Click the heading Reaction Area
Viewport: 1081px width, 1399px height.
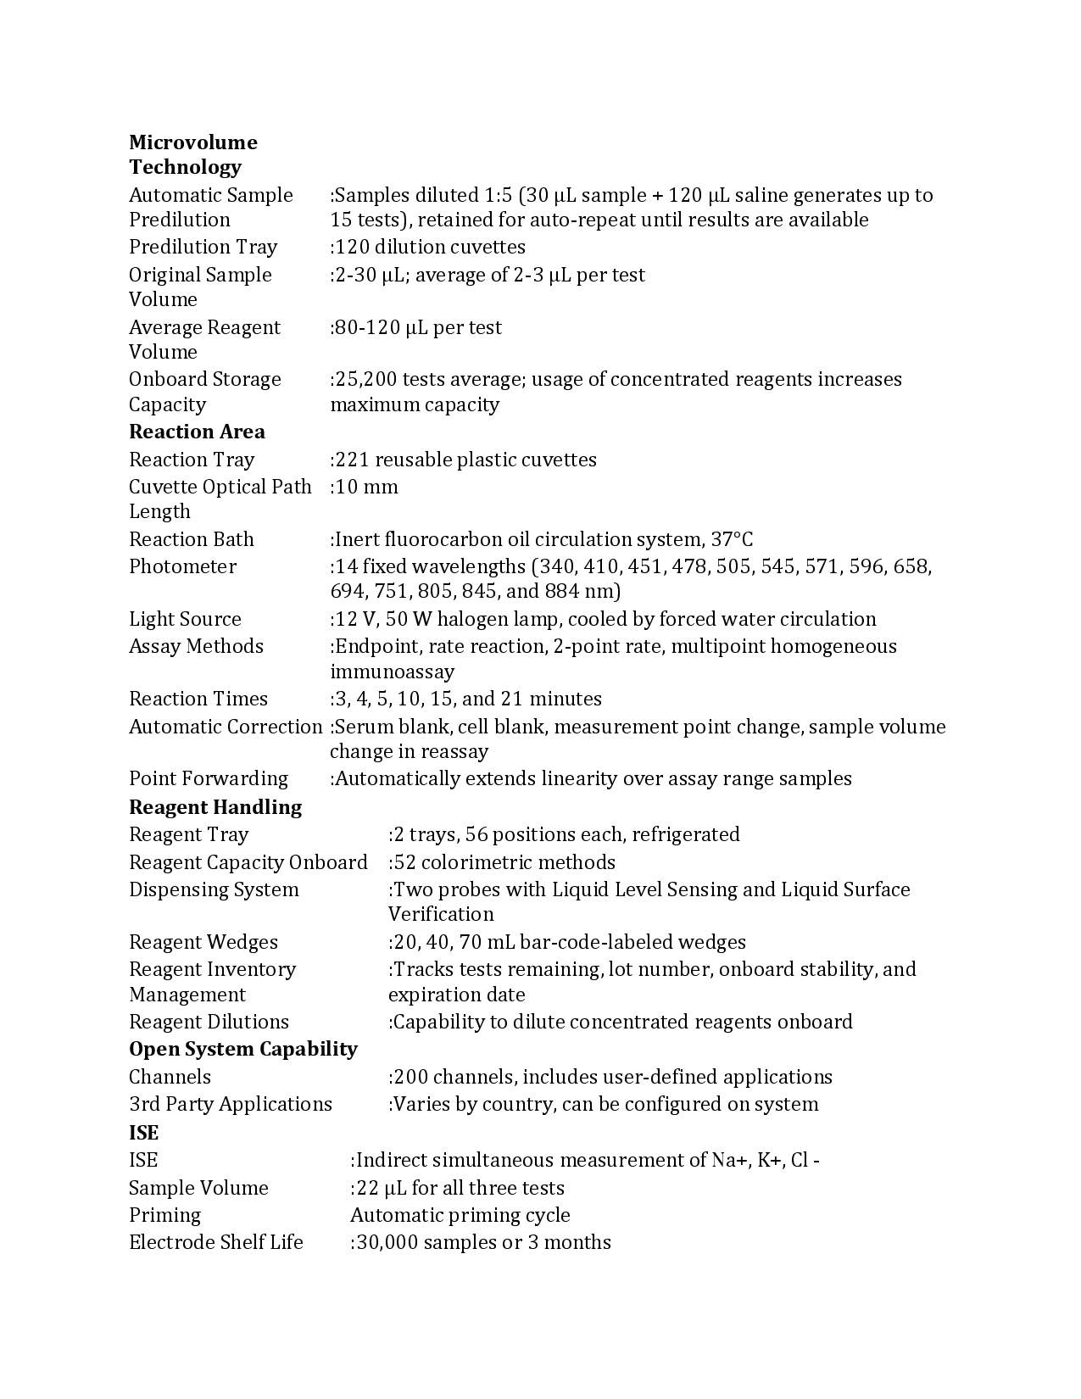coord(197,432)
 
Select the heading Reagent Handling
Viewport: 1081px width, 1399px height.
coord(215,807)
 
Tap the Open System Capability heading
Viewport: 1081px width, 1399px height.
coord(243,1049)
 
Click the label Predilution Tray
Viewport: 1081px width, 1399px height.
coord(203,247)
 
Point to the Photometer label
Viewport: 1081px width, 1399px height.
coord(182,566)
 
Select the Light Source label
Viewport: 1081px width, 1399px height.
coord(185,619)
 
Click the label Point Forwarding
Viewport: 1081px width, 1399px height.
coord(209,778)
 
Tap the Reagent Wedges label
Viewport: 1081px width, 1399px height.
coord(203,942)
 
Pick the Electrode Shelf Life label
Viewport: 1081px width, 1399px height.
coord(216,1242)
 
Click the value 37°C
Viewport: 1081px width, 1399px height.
coord(732,539)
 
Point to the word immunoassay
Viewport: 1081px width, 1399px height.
coord(392,672)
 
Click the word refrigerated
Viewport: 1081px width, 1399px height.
coord(685,834)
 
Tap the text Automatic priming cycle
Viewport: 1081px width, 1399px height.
coord(460,1215)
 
